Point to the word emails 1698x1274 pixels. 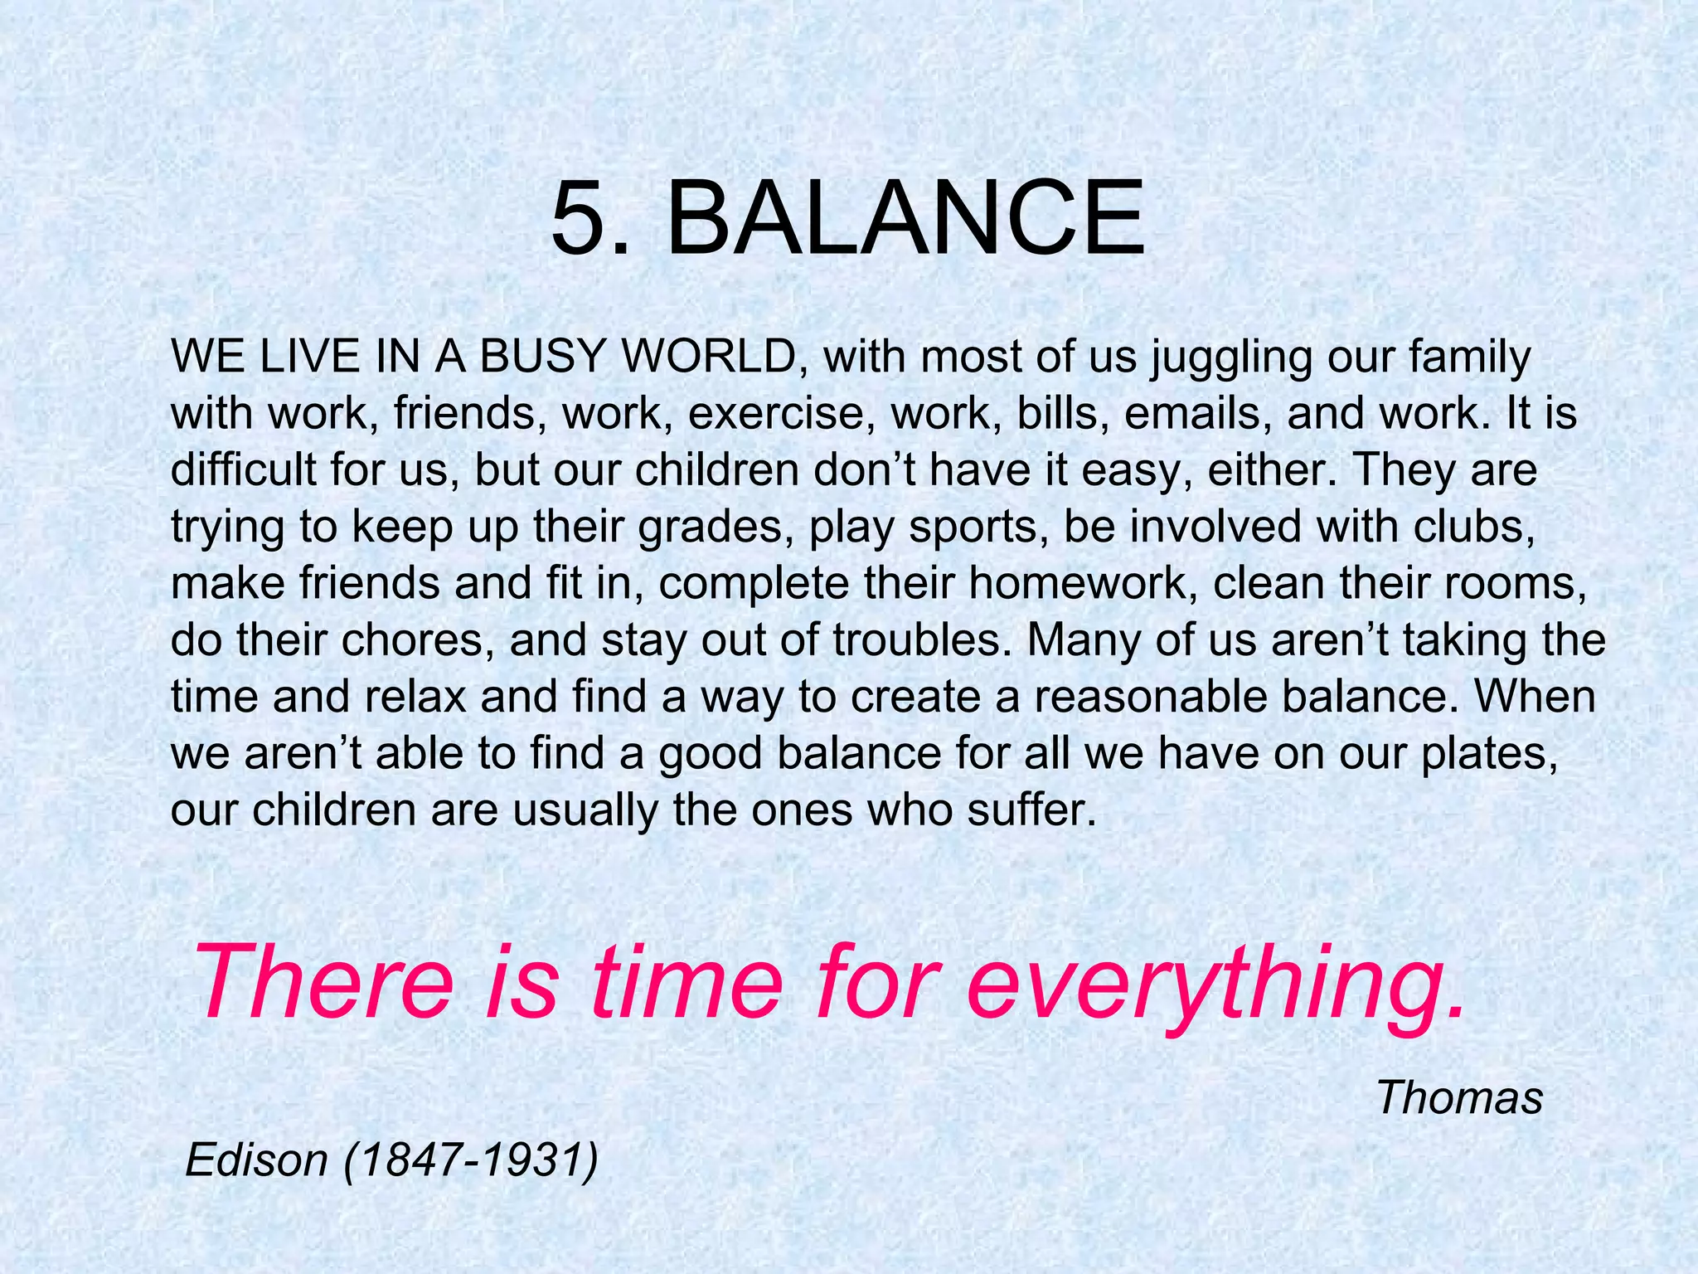point(1198,413)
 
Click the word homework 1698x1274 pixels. point(1082,583)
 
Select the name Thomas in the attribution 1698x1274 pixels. point(1459,1098)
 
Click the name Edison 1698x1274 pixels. point(257,1160)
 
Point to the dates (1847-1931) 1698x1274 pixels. point(469,1160)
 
